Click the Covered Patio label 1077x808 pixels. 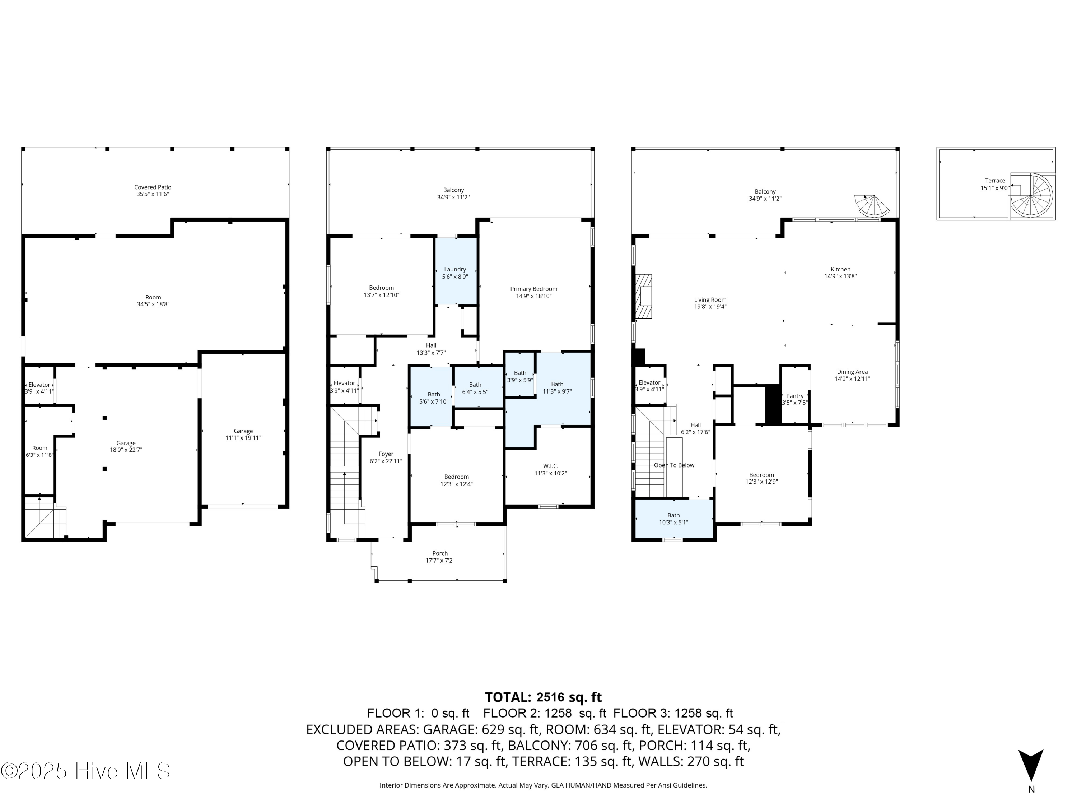[x=153, y=190]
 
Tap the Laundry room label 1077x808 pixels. [x=455, y=273]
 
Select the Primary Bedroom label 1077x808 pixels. [x=533, y=292]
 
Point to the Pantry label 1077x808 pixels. [x=794, y=399]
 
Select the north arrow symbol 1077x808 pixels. [x=1031, y=765]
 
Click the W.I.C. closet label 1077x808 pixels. [x=551, y=469]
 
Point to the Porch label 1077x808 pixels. [x=440, y=557]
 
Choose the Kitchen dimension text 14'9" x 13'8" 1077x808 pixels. [x=840, y=276]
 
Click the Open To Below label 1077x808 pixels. [x=674, y=465]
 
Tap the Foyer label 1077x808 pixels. [x=386, y=458]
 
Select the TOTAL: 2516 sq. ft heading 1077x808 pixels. [x=544, y=697]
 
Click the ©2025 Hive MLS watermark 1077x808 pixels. [x=86, y=771]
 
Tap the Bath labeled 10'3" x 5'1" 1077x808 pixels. [x=673, y=519]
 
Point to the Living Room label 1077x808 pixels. [x=710, y=303]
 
